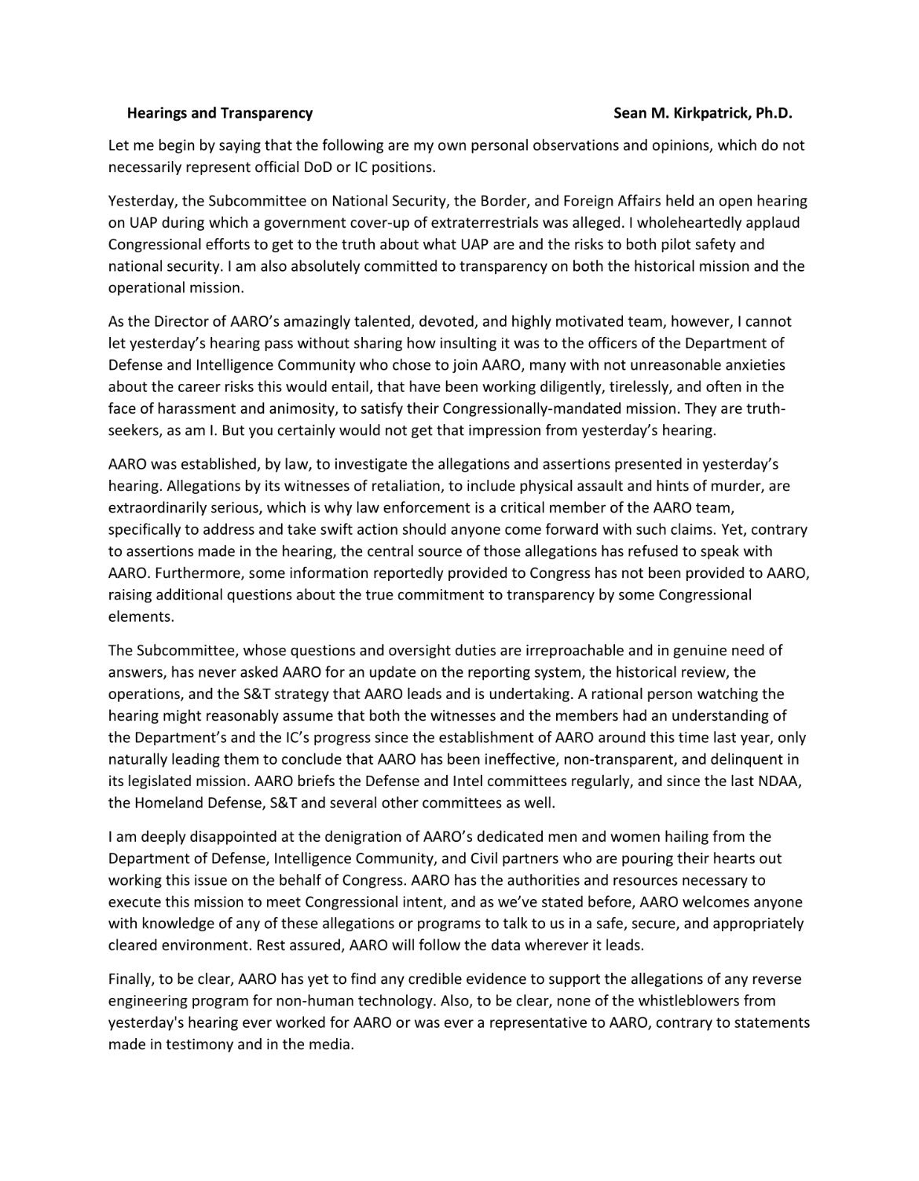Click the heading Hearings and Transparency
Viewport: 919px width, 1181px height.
tap(220, 113)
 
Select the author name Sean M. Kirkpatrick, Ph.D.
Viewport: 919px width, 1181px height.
tap(703, 113)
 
